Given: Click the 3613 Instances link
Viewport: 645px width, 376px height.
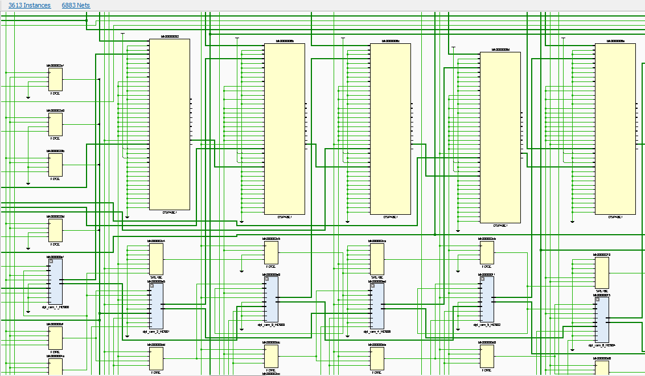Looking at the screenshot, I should coord(29,5).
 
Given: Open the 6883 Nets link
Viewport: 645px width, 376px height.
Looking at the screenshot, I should coord(76,5).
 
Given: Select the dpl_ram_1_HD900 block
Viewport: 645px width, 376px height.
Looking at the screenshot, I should coord(56,281).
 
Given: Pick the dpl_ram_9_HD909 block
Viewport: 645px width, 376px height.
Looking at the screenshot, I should coord(271,299).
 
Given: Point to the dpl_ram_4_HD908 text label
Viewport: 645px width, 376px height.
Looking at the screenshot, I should coord(376,331).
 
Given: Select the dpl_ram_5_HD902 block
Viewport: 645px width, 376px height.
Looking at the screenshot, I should coord(487,299).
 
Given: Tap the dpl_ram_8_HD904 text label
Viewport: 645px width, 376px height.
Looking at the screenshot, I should coord(601,345).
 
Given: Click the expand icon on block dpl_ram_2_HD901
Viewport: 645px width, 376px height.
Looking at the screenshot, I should coord(151,285).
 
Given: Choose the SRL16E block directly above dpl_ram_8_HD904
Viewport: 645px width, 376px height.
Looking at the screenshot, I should coord(602,273).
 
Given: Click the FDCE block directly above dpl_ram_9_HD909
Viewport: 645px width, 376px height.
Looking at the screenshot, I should coord(271,252).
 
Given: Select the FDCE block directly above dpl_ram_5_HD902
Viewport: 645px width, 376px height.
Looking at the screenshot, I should coord(487,252).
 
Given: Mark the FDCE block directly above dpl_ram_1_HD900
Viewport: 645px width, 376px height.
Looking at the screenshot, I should coord(56,231).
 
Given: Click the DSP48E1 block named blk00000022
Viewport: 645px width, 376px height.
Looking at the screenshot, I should coord(169,124).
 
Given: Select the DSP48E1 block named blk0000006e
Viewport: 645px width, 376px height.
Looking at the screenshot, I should coord(615,129).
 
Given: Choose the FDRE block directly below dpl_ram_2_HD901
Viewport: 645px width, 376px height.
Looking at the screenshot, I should coord(156,358).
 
